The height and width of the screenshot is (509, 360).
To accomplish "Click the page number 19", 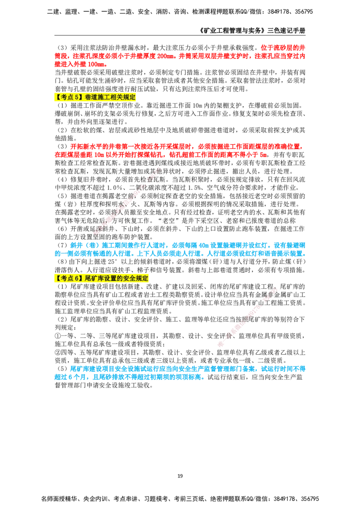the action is pyautogui.click(x=180, y=476).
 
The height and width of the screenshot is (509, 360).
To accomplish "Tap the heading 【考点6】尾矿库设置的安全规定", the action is pyautogui.click(x=101, y=278).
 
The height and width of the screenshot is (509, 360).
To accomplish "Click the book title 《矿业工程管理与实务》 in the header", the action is pyautogui.click(x=232, y=31).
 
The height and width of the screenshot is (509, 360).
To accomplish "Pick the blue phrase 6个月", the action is pyautogui.click(x=76, y=377).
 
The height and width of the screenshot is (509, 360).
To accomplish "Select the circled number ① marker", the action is pyautogui.click(x=58, y=336).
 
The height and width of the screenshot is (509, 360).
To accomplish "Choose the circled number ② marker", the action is pyautogui.click(x=58, y=352).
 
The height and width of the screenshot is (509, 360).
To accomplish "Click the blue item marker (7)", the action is pyautogui.click(x=62, y=245).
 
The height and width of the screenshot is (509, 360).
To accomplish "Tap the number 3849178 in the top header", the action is pyautogui.click(x=279, y=12).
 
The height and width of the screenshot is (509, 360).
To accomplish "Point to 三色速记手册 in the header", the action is pyautogui.click(x=286, y=31).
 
